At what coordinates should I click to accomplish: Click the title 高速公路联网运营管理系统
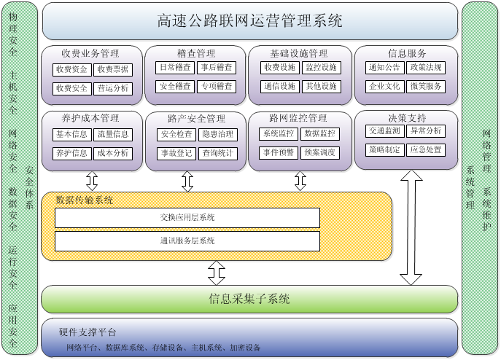(250, 21)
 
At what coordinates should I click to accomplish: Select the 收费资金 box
(71, 69)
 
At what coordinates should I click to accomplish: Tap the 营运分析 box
(113, 88)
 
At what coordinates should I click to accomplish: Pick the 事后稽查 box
(217, 68)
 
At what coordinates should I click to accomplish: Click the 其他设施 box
(321, 87)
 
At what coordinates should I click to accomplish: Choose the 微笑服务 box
(425, 87)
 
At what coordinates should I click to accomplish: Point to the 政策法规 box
(425, 68)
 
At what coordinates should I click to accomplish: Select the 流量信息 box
(113, 134)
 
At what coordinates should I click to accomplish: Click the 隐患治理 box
(217, 134)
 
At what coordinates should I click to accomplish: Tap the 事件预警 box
(279, 153)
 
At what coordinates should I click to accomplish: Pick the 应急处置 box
(425, 149)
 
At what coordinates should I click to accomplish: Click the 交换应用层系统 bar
(187, 217)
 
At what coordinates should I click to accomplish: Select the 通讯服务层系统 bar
(187, 240)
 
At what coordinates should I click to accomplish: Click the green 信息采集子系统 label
(250, 299)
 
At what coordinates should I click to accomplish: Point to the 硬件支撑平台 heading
(87, 332)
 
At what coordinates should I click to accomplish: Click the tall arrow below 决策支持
(411, 227)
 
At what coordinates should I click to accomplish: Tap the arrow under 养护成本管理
(92, 180)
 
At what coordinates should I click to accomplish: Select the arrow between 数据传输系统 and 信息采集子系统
(216, 273)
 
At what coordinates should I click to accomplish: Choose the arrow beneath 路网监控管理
(299, 180)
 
